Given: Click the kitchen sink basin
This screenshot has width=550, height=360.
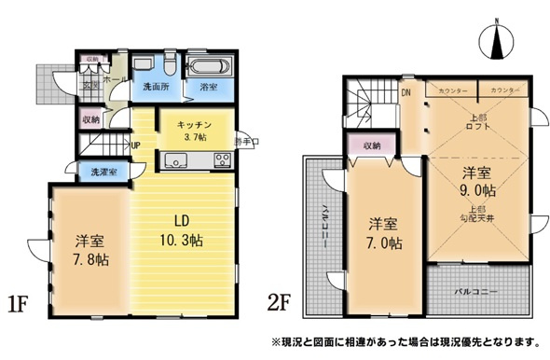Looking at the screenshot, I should (178, 160).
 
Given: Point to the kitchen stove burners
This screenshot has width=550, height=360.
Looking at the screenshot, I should (223, 160).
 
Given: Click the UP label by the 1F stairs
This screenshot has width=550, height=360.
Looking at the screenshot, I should (136, 145).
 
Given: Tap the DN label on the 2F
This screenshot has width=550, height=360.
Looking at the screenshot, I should (406, 92).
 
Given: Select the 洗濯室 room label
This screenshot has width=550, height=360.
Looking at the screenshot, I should (103, 173).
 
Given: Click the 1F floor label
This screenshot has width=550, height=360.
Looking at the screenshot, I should (21, 304).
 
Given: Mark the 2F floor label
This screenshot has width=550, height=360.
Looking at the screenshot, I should (282, 304).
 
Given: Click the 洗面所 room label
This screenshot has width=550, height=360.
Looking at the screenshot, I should (155, 87).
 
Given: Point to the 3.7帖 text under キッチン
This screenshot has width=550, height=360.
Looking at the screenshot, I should (195, 136).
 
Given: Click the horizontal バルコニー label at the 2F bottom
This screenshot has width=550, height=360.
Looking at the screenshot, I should (476, 291).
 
